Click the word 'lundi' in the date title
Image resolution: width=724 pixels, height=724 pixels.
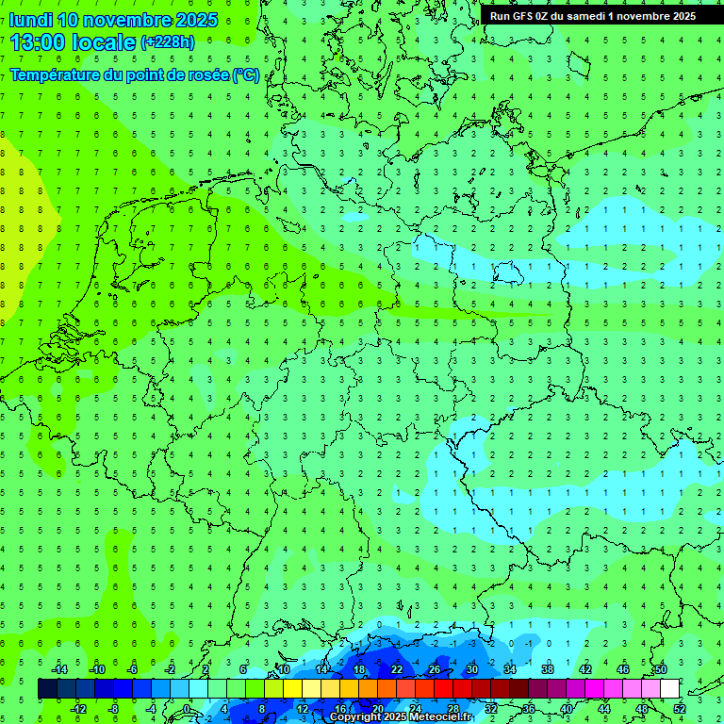(x=30, y=20)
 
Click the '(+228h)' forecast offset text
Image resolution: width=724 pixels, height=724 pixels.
(x=168, y=42)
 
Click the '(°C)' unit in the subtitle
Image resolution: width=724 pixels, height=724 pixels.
(x=246, y=74)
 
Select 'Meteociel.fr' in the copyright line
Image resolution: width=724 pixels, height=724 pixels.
(x=441, y=717)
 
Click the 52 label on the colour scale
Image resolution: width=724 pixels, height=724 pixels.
(x=680, y=709)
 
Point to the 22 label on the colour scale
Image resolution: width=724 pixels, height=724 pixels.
(x=397, y=669)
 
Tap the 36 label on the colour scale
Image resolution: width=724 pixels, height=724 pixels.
(x=529, y=709)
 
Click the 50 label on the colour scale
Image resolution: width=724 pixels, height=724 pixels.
(x=661, y=669)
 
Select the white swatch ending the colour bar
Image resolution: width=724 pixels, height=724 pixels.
(x=669, y=689)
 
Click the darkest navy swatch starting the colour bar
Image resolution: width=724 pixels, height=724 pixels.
(x=47, y=689)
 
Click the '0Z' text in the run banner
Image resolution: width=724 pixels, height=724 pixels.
(x=545, y=16)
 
